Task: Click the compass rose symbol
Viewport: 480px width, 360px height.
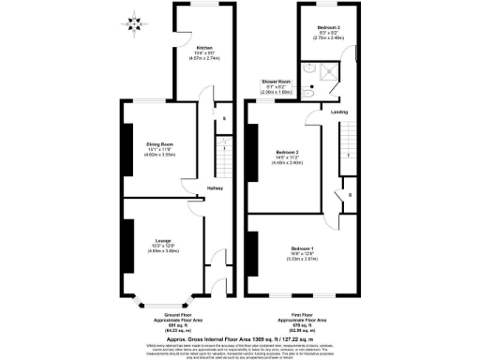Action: [x=138, y=19]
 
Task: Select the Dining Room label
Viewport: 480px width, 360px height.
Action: [x=159, y=143]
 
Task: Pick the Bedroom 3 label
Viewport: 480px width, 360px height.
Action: [x=328, y=27]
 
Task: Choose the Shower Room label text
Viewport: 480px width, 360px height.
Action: [x=275, y=82]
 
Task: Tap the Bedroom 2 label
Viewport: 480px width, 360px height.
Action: [x=288, y=152]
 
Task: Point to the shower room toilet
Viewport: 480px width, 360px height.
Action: [x=308, y=68]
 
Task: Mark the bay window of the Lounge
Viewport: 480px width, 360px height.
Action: [x=160, y=302]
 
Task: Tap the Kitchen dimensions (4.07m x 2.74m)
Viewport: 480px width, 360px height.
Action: [x=205, y=58]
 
